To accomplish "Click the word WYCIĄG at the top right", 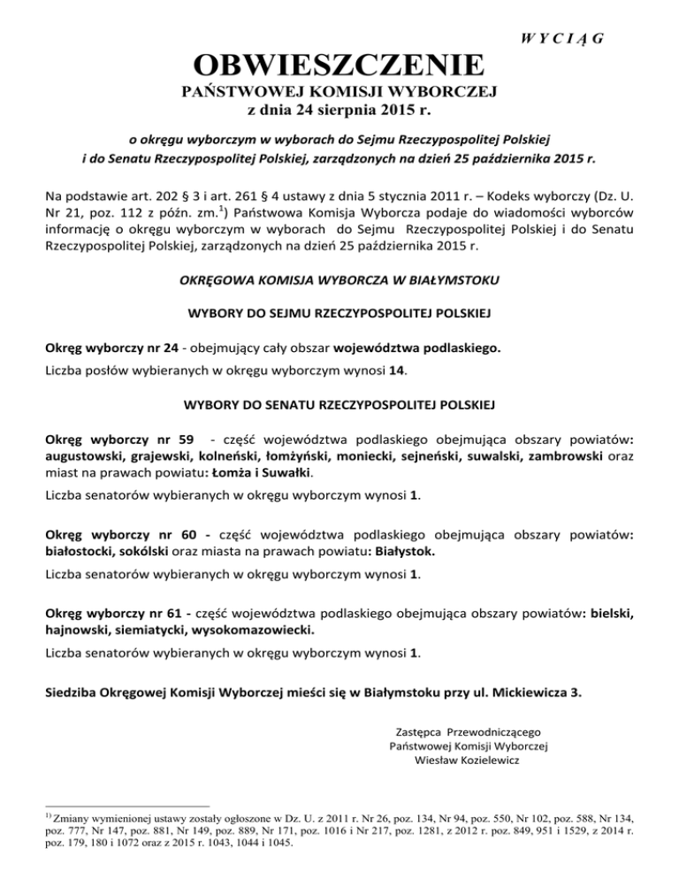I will [568, 37].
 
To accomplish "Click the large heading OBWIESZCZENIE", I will [339, 66].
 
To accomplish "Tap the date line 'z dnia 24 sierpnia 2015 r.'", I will [339, 111].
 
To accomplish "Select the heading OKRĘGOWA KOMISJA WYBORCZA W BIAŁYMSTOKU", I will [339, 280].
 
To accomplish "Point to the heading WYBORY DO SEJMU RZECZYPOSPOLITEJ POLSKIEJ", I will [339, 314].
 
